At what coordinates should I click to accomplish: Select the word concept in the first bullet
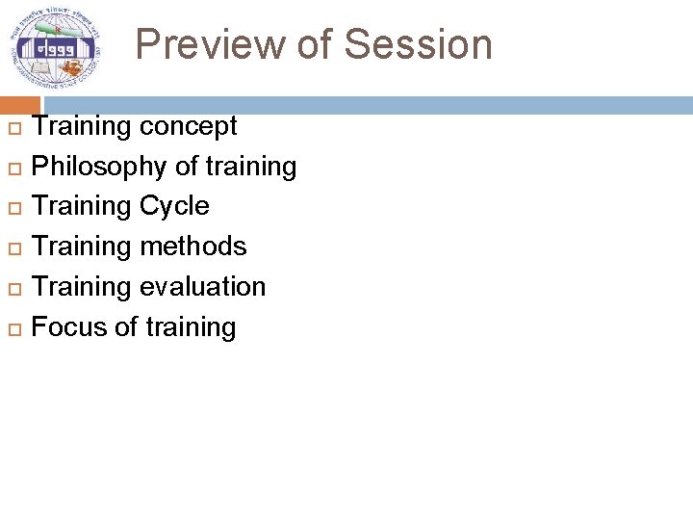point(188,127)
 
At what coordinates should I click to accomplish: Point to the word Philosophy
point(99,168)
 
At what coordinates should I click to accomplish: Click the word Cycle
point(174,206)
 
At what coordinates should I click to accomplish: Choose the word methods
point(192,247)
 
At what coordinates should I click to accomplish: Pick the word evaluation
point(202,287)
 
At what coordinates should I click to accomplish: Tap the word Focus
point(68,327)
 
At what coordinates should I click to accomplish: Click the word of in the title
point(320,45)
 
